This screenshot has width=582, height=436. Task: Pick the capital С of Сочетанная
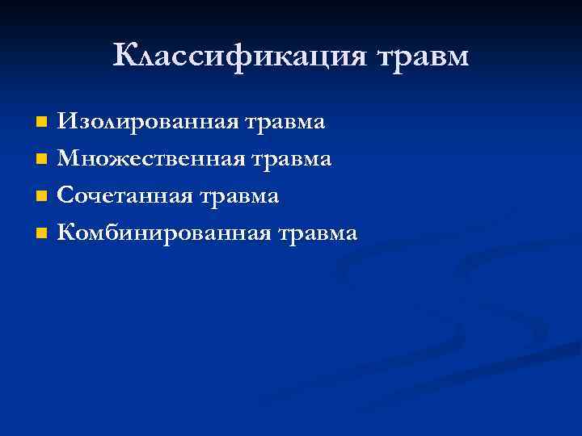tap(65, 197)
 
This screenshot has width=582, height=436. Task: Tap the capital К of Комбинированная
tap(66, 234)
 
